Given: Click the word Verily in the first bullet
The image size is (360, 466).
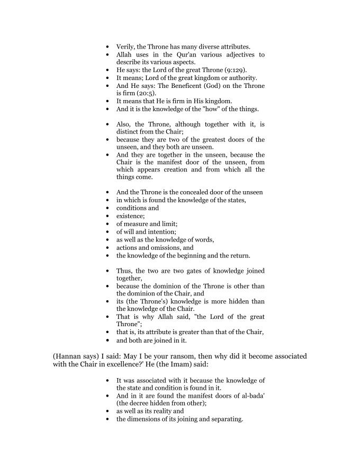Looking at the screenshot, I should (126, 47).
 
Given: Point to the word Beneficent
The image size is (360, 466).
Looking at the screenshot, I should (183, 86).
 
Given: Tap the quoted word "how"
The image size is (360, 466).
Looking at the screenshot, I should (215, 109).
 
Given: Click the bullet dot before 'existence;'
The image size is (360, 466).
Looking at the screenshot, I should (108, 216).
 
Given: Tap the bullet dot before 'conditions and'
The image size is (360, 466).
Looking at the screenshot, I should (108, 208).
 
